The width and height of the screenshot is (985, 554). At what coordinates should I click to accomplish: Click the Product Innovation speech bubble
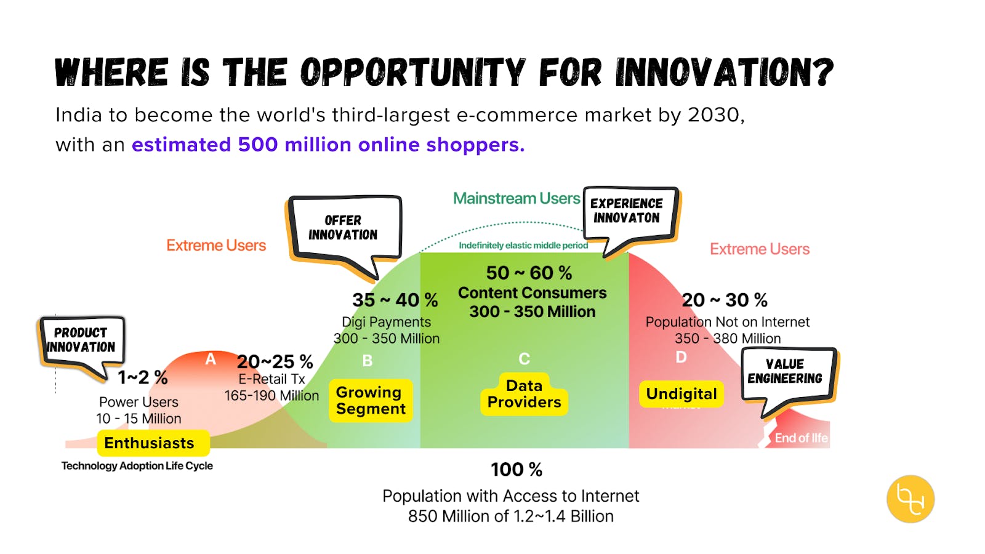82,342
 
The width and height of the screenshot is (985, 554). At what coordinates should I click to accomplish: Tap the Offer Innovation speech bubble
344,231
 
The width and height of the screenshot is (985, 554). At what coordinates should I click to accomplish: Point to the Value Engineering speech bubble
789,374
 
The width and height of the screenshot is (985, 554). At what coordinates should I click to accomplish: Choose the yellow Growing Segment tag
371,401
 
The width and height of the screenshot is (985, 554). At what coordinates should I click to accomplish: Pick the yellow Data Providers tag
524,394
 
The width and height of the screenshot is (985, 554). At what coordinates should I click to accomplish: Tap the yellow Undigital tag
681,394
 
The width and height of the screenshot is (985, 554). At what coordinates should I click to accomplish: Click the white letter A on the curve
211,359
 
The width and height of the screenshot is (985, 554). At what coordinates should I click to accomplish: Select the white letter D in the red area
681,358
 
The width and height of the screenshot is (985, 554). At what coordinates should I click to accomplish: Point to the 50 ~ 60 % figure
529,273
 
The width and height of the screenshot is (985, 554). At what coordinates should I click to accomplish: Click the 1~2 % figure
143,377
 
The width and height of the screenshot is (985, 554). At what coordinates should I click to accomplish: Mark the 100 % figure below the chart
517,470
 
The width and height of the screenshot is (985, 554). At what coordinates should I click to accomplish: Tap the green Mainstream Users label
517,199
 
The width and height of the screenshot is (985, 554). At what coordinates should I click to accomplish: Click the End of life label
801,438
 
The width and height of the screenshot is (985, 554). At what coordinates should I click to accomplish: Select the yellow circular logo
911,499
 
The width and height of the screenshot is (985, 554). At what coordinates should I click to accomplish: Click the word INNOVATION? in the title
725,71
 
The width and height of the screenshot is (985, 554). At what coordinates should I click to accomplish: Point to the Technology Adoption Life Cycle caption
137,466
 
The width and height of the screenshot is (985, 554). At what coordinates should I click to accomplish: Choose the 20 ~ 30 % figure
725,300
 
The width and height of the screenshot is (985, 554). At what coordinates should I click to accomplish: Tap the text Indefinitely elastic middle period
523,246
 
